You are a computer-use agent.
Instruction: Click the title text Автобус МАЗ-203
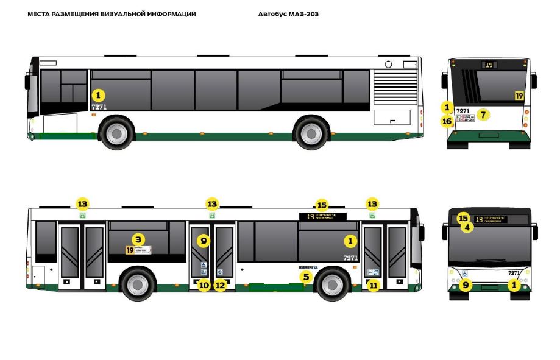(x=288, y=14)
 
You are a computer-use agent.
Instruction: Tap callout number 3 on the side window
(x=138, y=239)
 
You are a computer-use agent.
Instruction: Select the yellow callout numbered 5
(x=307, y=277)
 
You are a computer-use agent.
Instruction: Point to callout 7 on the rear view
(x=483, y=114)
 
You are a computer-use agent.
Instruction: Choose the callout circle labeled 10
(x=204, y=284)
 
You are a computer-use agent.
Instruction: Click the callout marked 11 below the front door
(x=373, y=284)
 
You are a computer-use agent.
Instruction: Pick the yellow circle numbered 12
(x=220, y=284)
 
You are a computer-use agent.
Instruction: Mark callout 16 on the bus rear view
(x=447, y=121)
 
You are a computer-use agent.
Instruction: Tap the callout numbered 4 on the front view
(x=467, y=227)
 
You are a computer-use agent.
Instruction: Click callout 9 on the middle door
(x=204, y=241)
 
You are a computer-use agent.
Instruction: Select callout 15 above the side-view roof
(x=322, y=205)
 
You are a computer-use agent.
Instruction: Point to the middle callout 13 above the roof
(x=211, y=204)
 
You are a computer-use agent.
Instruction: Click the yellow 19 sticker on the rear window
(x=519, y=96)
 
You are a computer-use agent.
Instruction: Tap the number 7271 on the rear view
(x=463, y=111)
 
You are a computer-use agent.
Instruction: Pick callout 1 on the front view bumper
(x=515, y=284)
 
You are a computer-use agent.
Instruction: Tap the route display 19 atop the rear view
(x=489, y=65)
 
